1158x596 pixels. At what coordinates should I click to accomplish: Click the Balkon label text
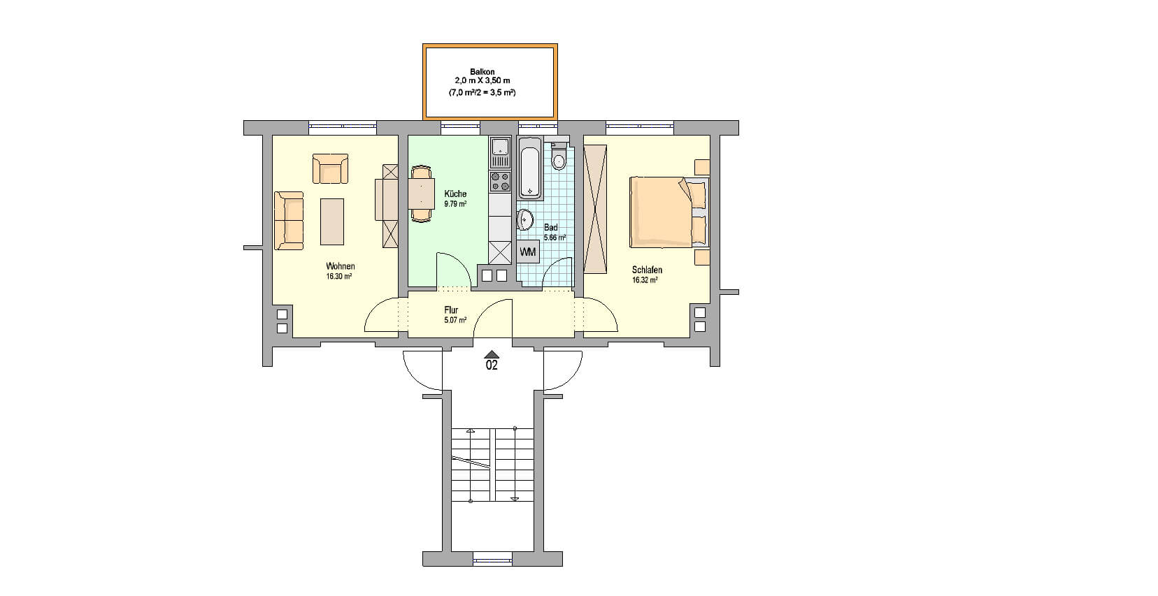482,72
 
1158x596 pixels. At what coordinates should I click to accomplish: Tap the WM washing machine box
528,252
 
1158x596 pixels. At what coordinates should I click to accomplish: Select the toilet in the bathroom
558,155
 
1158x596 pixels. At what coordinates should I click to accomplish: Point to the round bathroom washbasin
524,220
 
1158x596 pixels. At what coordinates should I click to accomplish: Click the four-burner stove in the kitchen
500,181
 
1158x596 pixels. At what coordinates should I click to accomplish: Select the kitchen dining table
422,194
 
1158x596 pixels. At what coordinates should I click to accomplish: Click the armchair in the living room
330,168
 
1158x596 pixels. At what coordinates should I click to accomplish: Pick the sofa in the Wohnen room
289,221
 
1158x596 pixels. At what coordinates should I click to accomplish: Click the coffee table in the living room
332,221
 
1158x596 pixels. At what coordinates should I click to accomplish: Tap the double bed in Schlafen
668,212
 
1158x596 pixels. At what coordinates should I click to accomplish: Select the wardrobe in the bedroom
595,209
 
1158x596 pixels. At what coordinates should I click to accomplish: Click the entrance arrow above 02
492,354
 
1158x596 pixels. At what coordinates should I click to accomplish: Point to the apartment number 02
492,365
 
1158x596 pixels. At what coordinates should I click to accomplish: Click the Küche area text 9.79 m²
455,204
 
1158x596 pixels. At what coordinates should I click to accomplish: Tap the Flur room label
451,310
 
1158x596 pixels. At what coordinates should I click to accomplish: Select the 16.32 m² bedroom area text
645,280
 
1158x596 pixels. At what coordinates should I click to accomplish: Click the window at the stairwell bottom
493,559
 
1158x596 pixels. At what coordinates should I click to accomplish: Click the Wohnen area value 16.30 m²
339,276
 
